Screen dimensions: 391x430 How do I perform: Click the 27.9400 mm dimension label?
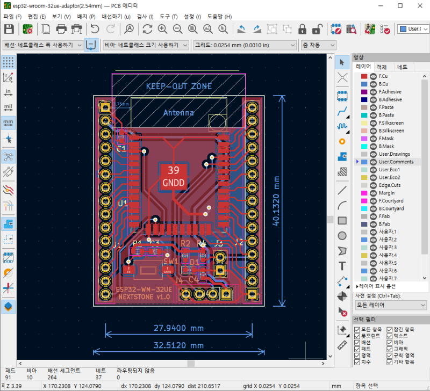(178, 328)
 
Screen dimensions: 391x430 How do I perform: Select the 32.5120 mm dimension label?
(178, 345)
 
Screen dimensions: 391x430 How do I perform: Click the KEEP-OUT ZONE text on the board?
(178, 86)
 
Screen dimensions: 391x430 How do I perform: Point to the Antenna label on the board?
(178, 113)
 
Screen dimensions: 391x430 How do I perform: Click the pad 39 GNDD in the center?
(174, 176)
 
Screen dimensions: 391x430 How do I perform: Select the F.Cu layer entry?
(384, 76)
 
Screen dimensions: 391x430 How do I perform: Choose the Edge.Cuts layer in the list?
(389, 185)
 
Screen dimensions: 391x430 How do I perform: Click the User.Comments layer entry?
(396, 162)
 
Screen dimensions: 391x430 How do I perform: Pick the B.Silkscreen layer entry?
(392, 131)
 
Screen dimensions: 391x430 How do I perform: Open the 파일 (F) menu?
(12, 17)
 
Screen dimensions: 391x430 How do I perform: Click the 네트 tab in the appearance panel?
(402, 67)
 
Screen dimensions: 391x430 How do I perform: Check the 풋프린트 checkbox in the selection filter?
(357, 336)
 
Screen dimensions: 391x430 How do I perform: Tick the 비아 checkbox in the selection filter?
(390, 342)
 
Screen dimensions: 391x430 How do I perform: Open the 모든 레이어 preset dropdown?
(391, 305)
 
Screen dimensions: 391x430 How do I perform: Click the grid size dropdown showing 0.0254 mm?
(245, 45)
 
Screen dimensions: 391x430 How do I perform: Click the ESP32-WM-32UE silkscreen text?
(144, 289)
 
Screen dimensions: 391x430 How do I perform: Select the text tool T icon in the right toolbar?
(342, 266)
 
